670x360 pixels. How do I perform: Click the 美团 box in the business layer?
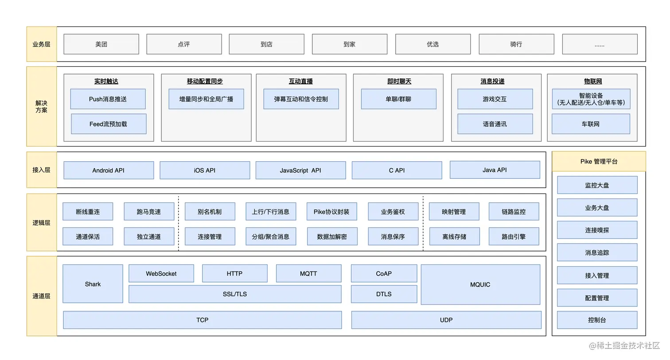tap(101, 44)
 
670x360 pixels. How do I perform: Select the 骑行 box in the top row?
tap(516, 44)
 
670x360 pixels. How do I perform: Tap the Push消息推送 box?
tap(108, 99)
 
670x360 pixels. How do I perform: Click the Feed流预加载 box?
tap(108, 124)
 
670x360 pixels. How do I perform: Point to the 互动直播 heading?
tap(301, 81)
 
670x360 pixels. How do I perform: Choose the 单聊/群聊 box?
tap(398, 99)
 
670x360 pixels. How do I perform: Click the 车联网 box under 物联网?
tap(590, 124)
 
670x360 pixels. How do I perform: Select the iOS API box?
tap(205, 170)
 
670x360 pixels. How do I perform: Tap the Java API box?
tap(495, 170)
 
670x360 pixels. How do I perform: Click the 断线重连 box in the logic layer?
tap(88, 212)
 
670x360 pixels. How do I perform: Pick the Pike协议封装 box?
tap(331, 212)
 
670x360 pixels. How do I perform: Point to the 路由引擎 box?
tap(514, 236)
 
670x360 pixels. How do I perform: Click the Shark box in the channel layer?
tap(93, 284)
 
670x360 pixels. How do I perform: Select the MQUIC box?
tap(480, 285)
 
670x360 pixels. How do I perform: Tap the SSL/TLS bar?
tap(235, 294)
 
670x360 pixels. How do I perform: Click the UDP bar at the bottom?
tap(446, 320)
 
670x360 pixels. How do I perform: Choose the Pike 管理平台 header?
tap(599, 162)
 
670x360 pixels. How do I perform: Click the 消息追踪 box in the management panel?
tap(597, 252)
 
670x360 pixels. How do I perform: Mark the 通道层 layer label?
tap(41, 296)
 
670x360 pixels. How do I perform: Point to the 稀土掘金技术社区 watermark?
tap(624, 345)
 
